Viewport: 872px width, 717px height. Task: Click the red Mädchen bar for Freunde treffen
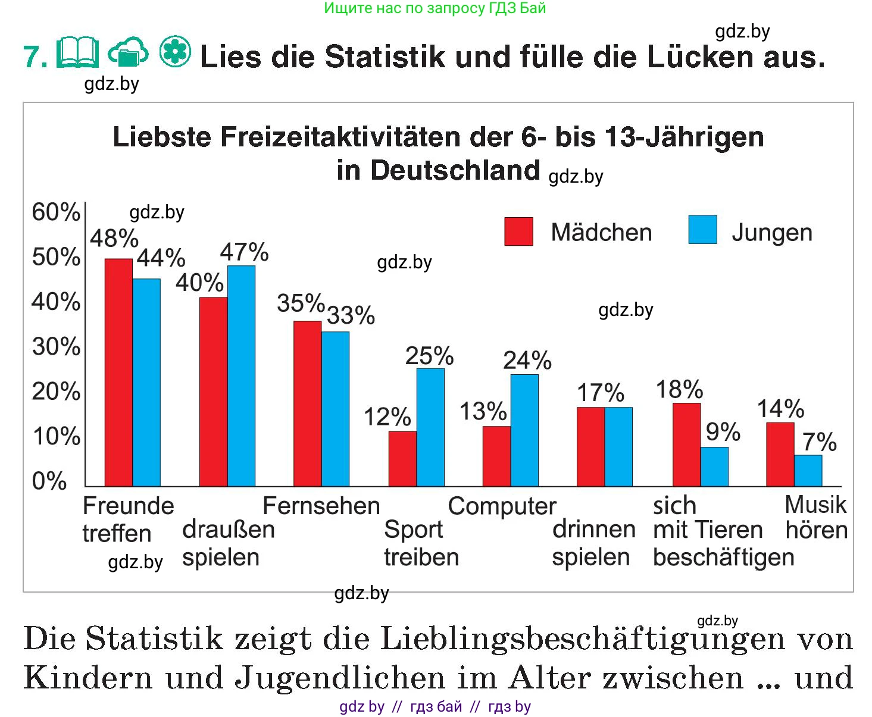coord(118,372)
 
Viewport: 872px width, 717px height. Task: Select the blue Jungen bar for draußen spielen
coord(241,375)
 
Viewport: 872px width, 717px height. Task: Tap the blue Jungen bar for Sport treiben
coord(430,427)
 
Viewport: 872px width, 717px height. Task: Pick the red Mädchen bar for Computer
coord(496,456)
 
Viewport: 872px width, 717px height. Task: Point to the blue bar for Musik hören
coord(808,471)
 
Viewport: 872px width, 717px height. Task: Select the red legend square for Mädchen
coord(518,231)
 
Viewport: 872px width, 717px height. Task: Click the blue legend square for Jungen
coord(702,230)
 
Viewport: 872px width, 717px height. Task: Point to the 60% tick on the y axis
coord(56,212)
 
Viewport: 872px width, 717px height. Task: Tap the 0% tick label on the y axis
coord(49,481)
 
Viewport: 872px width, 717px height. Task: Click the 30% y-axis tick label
coord(56,347)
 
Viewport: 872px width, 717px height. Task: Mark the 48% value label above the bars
coord(114,239)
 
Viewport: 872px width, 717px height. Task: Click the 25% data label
coord(429,356)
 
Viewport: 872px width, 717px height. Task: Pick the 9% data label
coord(723,432)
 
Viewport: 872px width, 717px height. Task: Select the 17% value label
coord(600,393)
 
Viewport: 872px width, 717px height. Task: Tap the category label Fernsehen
coord(321,506)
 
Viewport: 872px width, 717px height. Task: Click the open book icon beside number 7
coord(78,53)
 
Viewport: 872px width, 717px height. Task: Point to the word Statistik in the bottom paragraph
coord(155,639)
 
